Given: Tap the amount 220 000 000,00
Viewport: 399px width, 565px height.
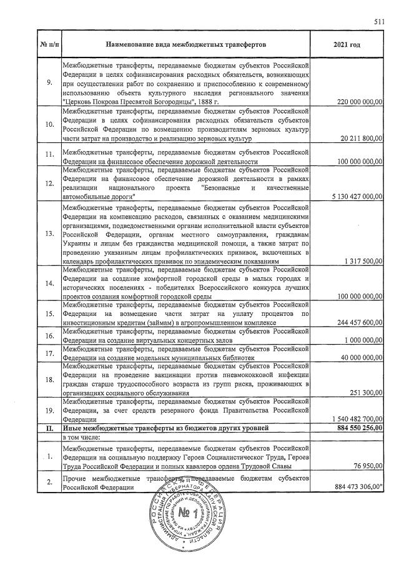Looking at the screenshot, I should tap(356, 101).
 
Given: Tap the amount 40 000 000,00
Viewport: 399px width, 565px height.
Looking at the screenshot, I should tap(359, 358).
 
